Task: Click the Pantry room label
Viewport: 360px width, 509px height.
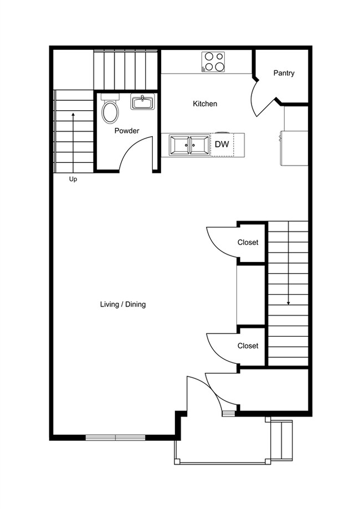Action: point(284,73)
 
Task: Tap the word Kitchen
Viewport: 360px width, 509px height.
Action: point(205,104)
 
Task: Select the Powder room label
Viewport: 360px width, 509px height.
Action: point(127,131)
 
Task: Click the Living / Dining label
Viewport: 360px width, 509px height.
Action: point(123,305)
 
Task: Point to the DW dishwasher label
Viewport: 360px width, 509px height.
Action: point(222,144)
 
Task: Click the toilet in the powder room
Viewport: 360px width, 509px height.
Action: point(110,109)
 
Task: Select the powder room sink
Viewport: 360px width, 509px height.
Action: point(142,101)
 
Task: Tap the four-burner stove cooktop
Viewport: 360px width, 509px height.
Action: point(213,61)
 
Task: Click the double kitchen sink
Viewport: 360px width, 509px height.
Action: point(189,145)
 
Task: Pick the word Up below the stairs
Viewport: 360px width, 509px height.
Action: point(73,179)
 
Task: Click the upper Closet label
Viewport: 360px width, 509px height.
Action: point(248,243)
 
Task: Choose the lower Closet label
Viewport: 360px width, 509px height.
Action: point(248,346)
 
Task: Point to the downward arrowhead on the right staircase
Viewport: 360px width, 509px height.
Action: point(288,303)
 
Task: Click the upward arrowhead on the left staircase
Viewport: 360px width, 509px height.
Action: point(73,114)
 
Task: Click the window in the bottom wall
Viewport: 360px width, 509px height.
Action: point(115,437)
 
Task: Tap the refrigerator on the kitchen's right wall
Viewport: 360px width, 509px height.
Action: point(294,148)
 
